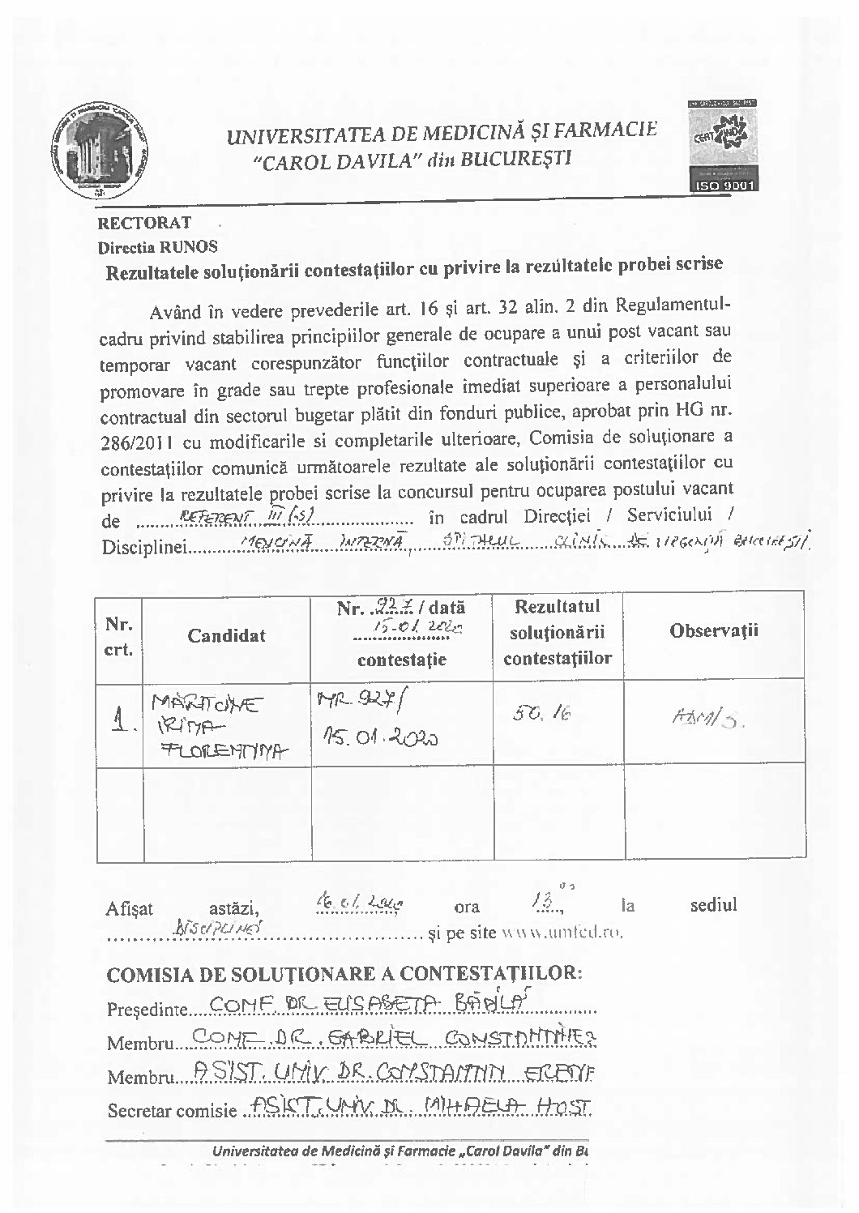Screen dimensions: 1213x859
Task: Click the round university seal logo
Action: (95, 152)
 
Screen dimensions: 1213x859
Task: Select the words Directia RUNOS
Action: (158, 246)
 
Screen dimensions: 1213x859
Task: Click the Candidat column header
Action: (226, 635)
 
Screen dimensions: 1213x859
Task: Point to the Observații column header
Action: (714, 630)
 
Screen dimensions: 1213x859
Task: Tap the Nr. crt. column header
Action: (118, 636)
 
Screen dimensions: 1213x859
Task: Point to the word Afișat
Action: (130, 908)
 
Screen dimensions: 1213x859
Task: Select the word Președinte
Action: (147, 1010)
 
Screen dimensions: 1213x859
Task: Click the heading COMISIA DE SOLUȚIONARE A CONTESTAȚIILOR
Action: (344, 972)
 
